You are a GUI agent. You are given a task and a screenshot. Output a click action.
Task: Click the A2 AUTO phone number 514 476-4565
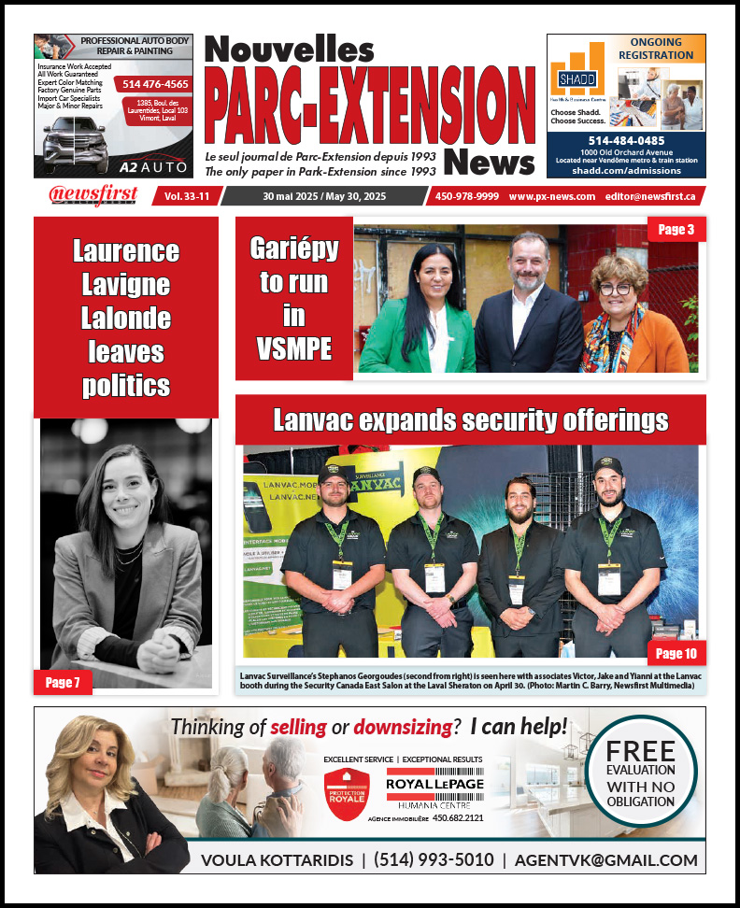point(156,83)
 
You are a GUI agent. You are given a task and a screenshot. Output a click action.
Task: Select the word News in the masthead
point(490,161)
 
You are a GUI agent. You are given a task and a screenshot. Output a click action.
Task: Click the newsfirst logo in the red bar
point(93,195)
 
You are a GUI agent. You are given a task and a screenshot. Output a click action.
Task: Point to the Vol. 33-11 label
point(186,196)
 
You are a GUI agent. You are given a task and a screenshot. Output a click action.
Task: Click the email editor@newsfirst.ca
point(649,196)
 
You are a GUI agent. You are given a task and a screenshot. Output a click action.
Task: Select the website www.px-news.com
point(551,196)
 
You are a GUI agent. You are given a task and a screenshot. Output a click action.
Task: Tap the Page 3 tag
point(676,229)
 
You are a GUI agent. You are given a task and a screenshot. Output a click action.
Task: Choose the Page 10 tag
point(676,653)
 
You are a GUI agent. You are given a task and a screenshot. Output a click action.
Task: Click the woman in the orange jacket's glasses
point(617,289)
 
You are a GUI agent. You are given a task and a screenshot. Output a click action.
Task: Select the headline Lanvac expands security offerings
point(470,420)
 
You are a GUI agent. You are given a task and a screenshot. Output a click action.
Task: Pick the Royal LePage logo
point(435,785)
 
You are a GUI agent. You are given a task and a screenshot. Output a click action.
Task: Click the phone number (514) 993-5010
point(434,859)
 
